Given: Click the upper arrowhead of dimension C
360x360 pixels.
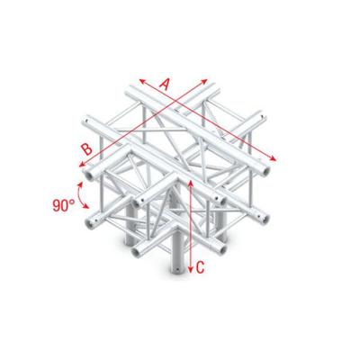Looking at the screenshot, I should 192,179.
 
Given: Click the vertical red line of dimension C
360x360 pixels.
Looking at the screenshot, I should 192,225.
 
